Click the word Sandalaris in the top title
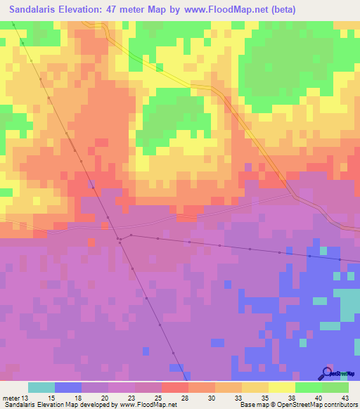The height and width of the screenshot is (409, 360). pyautogui.click(x=34, y=10)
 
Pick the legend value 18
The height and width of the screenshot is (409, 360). pyautogui.click(x=77, y=398)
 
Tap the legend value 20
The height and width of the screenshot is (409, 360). pyautogui.click(x=104, y=398)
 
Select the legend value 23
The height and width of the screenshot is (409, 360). pyautogui.click(x=131, y=398)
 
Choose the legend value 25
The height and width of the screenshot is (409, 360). pyautogui.click(x=158, y=398)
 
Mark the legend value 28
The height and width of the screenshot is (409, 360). pyautogui.click(x=185, y=398)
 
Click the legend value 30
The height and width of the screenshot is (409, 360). pyautogui.click(x=212, y=398)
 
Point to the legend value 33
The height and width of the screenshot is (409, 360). pyautogui.click(x=238, y=398)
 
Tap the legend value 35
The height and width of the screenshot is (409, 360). pyautogui.click(x=265, y=398)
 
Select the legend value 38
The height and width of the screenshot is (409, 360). pyautogui.click(x=292, y=398)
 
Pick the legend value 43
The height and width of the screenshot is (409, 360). pyautogui.click(x=345, y=398)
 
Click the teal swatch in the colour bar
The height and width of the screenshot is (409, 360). pyautogui.click(x=41, y=387)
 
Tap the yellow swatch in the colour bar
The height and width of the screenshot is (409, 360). pyautogui.click(x=282, y=387)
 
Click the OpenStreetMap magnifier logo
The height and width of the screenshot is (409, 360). pyautogui.click(x=326, y=373)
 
